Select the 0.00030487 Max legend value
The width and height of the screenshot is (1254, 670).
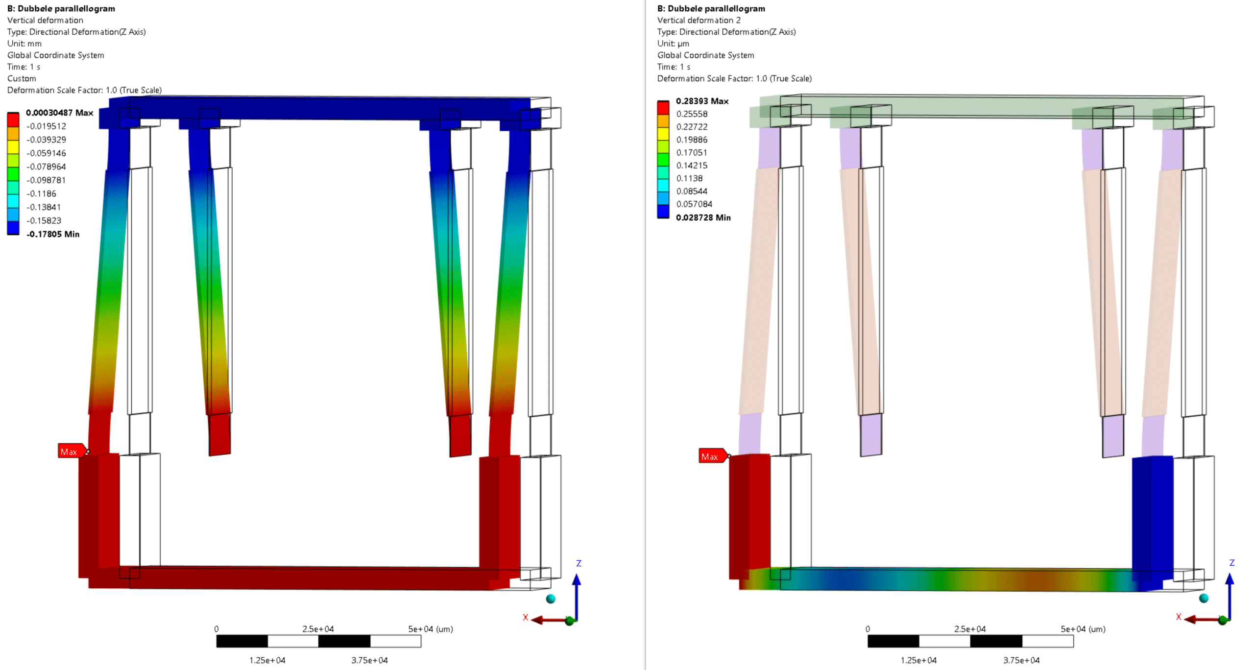click(59, 113)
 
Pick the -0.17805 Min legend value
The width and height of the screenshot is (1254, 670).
click(53, 234)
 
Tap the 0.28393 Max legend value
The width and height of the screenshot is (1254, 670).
click(702, 101)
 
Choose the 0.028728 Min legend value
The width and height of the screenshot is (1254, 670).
click(703, 217)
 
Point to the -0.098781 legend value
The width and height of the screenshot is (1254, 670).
click(46, 180)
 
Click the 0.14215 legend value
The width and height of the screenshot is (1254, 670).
click(692, 166)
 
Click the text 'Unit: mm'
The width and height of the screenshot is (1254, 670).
click(24, 44)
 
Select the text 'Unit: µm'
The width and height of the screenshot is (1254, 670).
click(673, 44)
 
